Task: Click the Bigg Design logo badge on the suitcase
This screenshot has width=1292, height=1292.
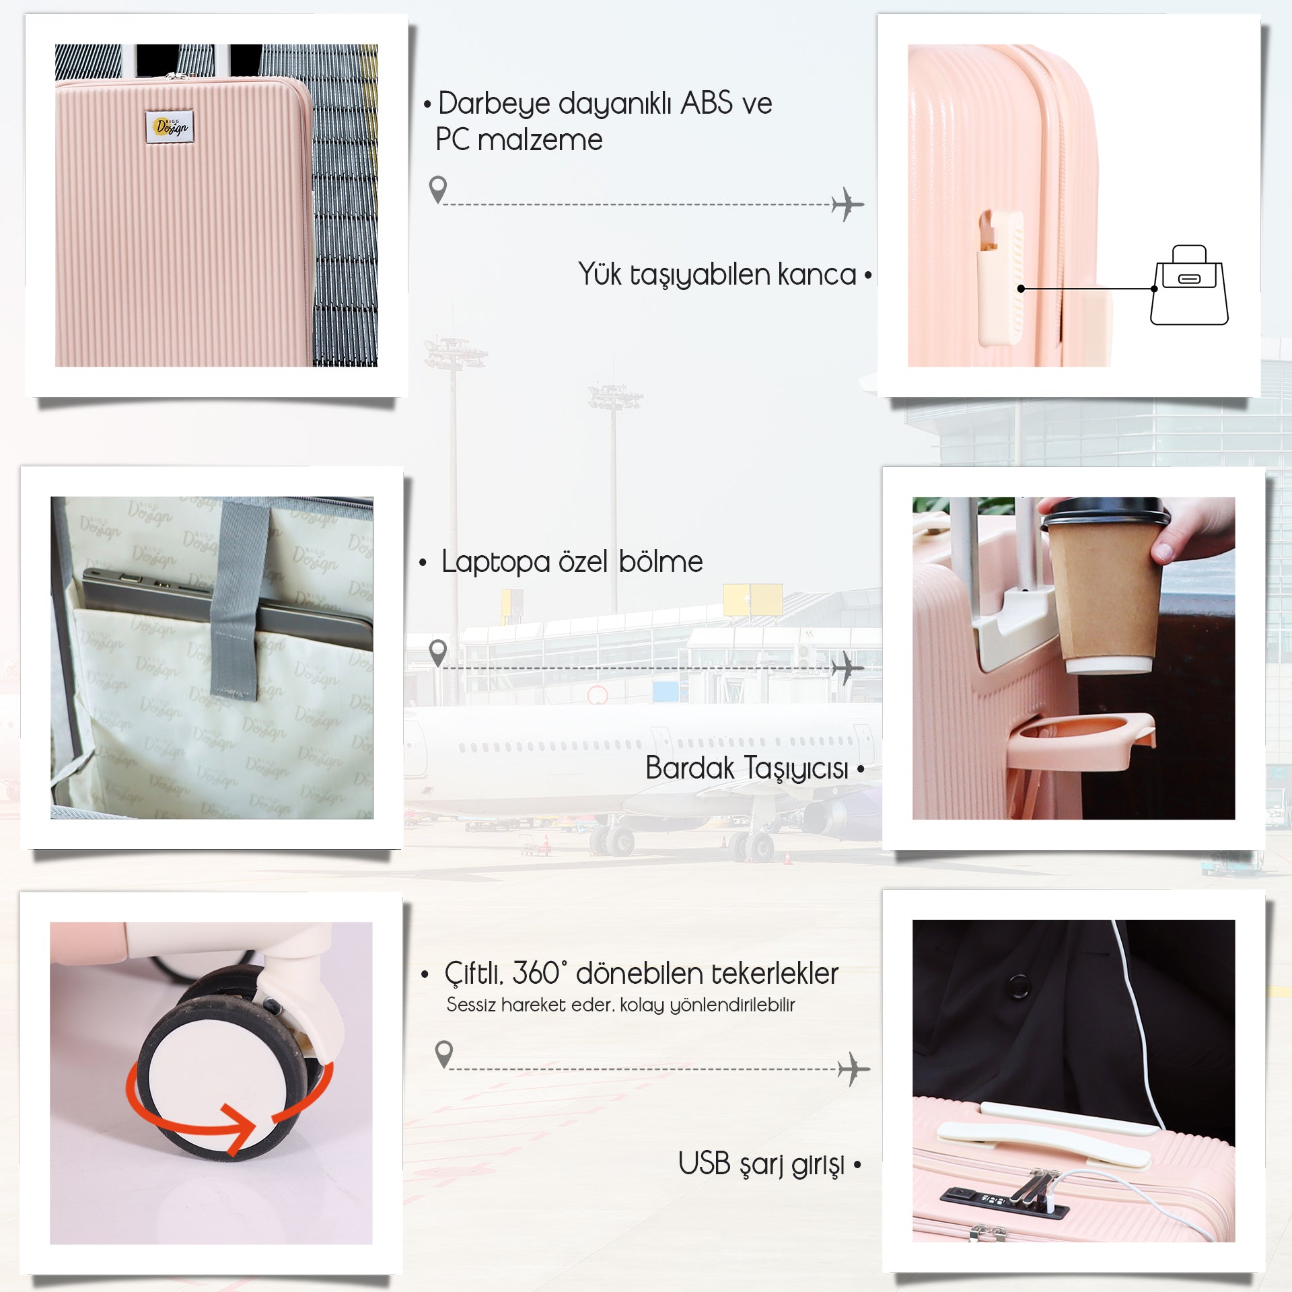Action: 170,126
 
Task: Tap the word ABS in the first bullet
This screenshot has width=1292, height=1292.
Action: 707,104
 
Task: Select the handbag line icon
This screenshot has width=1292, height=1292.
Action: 1189,286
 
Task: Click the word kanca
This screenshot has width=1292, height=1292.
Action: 817,275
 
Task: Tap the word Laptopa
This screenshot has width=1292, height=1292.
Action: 495,562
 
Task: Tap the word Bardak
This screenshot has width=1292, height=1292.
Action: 689,768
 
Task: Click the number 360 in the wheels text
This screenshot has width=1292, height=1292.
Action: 536,973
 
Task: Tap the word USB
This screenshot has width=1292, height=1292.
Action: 704,1163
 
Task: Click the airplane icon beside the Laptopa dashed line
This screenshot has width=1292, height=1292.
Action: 847,668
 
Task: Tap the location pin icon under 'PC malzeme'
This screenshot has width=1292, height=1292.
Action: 438,188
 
